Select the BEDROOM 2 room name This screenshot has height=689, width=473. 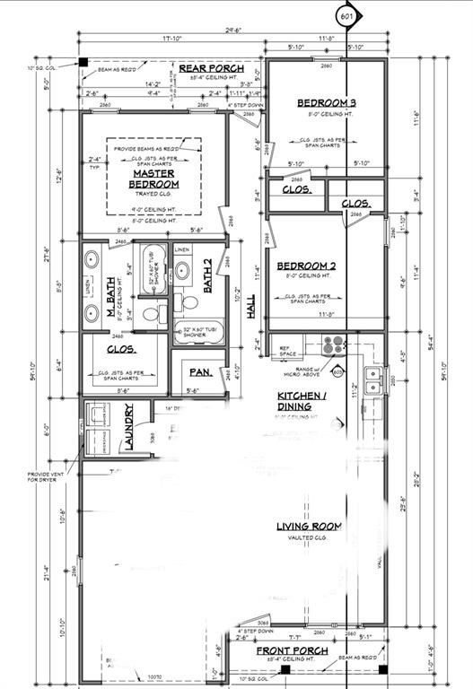point(305,266)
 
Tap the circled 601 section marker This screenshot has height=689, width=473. point(346,16)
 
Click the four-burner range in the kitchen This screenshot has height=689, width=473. point(333,345)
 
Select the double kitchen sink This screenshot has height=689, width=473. point(373,375)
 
